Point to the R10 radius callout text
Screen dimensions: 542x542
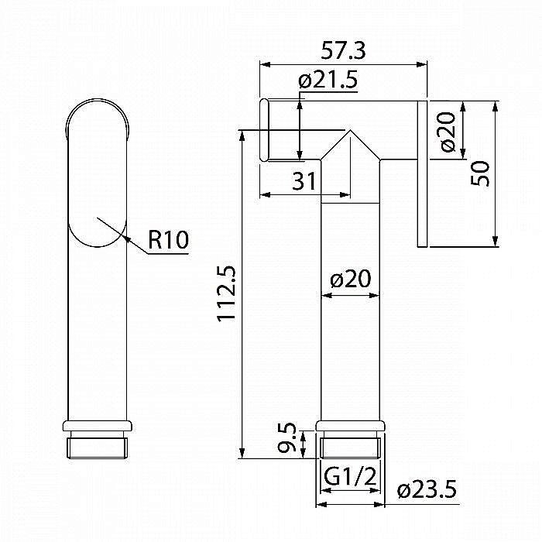[x=168, y=240]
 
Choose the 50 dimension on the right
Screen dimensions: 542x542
[x=481, y=173]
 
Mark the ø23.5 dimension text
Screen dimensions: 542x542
[x=427, y=489]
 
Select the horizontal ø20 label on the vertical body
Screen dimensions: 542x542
[x=350, y=280]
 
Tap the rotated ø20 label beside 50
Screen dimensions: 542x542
[x=447, y=131]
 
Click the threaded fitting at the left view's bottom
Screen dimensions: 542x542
[x=98, y=448]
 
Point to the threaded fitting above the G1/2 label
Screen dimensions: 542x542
[x=350, y=446]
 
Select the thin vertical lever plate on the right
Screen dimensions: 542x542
[x=422, y=174]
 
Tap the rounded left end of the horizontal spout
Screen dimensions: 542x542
[x=264, y=130]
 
